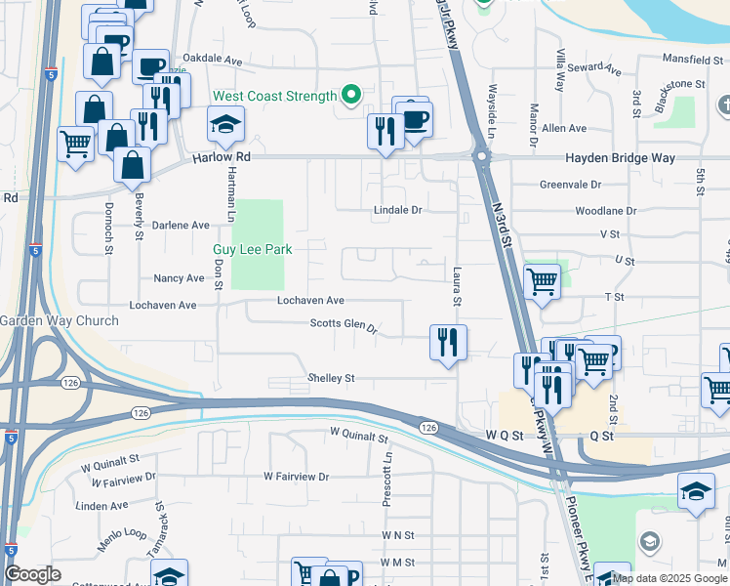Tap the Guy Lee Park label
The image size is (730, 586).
(253, 249)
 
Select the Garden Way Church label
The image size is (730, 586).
(59, 320)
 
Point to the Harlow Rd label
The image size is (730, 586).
(222, 156)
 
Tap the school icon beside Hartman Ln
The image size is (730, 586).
(225, 126)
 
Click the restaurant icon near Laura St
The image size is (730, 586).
(448, 343)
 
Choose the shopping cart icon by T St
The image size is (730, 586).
(543, 281)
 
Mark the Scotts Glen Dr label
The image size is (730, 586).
(344, 324)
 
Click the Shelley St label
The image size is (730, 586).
(331, 378)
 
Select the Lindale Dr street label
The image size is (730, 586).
(398, 210)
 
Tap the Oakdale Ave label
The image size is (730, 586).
(213, 60)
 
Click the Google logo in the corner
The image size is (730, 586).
(33, 574)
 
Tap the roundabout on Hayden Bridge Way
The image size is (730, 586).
(480, 156)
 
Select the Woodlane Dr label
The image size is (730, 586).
(605, 210)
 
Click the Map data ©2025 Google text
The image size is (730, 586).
(669, 578)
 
